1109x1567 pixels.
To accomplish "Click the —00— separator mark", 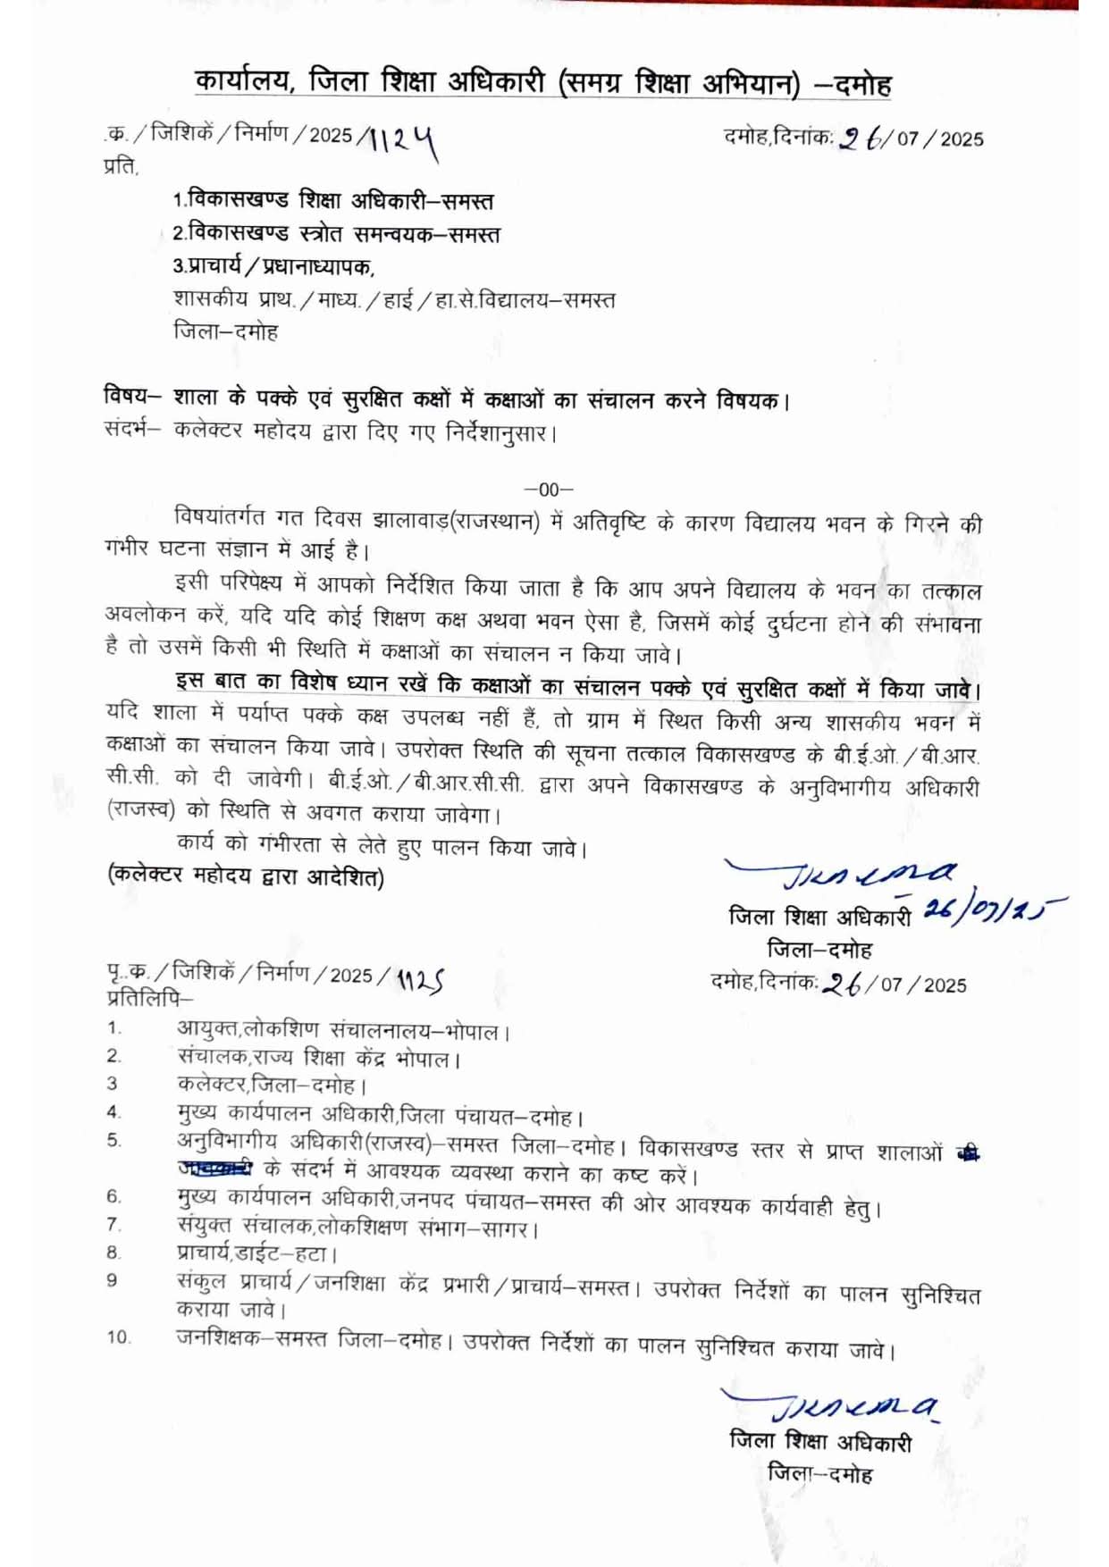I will (x=549, y=489).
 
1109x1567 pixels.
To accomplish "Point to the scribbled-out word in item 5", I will (x=215, y=1168).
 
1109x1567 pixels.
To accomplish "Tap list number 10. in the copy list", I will (x=119, y=1337).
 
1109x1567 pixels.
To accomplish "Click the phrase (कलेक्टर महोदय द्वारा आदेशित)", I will (x=246, y=877).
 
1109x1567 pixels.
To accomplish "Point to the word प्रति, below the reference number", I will (x=122, y=167).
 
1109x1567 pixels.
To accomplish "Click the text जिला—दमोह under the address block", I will (x=225, y=331).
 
